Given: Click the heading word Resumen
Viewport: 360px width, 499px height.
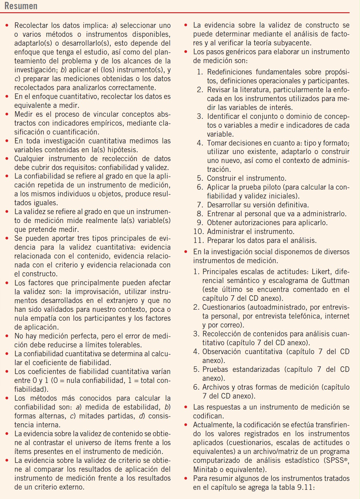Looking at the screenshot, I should click(21, 6).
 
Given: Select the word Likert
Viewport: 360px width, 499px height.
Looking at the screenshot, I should click(322, 272).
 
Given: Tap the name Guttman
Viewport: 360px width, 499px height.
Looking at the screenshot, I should click(336, 281).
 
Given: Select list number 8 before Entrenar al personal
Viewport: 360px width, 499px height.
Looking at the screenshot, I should click(200, 214).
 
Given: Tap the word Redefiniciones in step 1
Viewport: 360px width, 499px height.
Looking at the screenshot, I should click(230, 72).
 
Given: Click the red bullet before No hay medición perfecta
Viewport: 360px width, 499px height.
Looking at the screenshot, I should click(7, 336).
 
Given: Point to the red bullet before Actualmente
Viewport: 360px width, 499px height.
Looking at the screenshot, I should click(186, 425).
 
